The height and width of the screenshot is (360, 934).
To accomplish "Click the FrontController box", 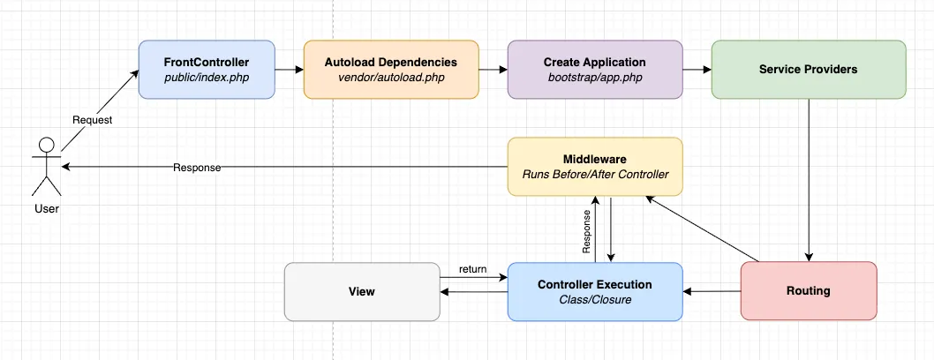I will tap(207, 69).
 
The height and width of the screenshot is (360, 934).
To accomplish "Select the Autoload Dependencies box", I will tap(390, 69).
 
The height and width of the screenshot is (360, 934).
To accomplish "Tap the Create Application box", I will tap(594, 69).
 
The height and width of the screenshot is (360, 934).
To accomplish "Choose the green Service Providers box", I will tap(808, 69).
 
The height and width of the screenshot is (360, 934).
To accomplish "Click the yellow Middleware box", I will tap(594, 166).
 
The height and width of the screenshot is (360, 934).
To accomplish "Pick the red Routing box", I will tap(808, 290).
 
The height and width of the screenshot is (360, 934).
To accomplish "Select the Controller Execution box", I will tap(594, 290).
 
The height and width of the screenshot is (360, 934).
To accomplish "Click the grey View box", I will tap(362, 290).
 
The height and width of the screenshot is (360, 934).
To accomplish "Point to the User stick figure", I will tap(46, 168).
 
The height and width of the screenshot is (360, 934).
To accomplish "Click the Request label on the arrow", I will tap(92, 120).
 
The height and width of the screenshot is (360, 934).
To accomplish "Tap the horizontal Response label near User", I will tap(197, 167).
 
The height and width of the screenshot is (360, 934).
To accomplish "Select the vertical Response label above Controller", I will tap(585, 232).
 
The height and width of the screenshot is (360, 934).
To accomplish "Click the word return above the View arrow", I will tap(472, 269).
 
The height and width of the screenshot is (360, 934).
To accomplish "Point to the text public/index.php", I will tap(207, 78).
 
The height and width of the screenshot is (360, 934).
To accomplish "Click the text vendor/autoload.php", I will tap(390, 78).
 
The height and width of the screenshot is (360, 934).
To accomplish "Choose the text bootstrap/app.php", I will tap(594, 78).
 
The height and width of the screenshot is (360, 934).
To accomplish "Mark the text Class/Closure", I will tap(594, 299).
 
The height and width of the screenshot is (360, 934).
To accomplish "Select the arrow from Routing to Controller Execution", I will tap(712, 290).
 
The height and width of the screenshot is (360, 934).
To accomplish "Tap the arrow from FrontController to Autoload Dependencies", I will tap(289, 69).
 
